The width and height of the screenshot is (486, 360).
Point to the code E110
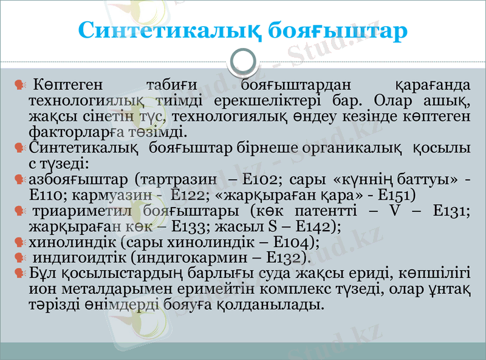[48, 195]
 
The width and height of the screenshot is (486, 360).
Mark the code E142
[312, 226]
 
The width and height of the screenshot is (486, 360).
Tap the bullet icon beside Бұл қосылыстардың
[19, 274]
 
